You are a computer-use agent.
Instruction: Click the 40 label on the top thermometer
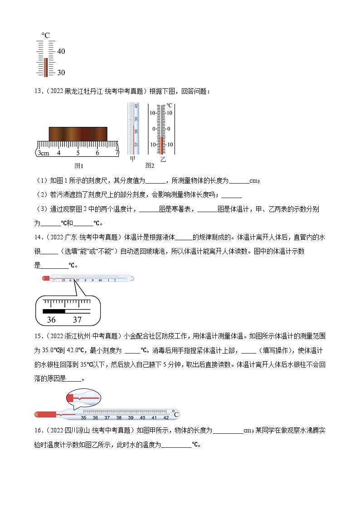click(x=61, y=52)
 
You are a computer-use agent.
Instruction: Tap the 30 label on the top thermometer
click(x=61, y=73)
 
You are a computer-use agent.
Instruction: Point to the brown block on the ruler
click(x=78, y=134)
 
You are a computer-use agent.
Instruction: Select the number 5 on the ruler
click(x=78, y=153)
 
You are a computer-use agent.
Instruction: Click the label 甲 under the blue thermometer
click(x=133, y=160)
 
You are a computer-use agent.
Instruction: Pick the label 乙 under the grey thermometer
click(x=163, y=160)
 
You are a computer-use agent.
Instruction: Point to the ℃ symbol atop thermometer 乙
click(x=169, y=106)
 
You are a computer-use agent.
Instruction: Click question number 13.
click(x=38, y=91)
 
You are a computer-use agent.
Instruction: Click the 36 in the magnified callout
click(x=51, y=320)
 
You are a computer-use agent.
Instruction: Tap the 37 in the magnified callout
click(x=77, y=320)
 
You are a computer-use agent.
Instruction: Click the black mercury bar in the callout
click(x=54, y=311)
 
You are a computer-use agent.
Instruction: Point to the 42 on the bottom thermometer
click(x=166, y=417)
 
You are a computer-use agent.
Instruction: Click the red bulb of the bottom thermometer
click(x=44, y=414)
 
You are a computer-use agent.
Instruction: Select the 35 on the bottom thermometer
click(x=83, y=417)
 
